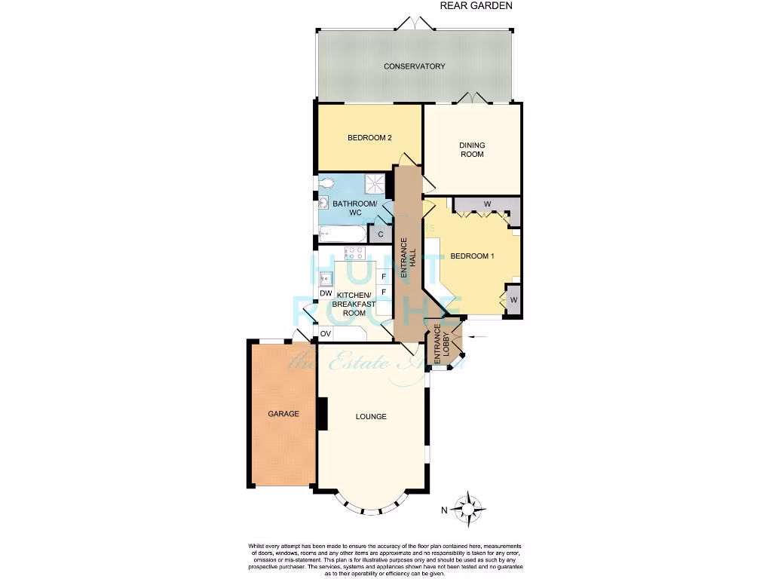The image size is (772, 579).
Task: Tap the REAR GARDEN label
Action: click(x=476, y=5)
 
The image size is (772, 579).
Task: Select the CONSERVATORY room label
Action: click(x=414, y=66)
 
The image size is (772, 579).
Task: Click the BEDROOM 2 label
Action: click(x=369, y=138)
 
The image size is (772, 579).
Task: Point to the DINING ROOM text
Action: click(x=473, y=149)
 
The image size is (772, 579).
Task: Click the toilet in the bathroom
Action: click(x=325, y=182)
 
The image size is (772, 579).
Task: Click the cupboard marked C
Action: click(x=381, y=234)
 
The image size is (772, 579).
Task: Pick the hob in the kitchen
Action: click(x=355, y=253)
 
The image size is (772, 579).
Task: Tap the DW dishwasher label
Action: click(x=326, y=293)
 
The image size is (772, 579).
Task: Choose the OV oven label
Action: click(x=326, y=333)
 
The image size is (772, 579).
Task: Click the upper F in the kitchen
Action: click(x=384, y=277)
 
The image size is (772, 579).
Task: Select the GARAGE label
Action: click(x=283, y=414)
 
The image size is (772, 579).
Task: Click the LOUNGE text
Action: click(x=371, y=416)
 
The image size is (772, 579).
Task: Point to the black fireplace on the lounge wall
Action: click(x=323, y=414)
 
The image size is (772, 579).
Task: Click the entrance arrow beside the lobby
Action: click(x=477, y=336)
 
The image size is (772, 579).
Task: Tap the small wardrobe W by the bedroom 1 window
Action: click(x=513, y=300)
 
